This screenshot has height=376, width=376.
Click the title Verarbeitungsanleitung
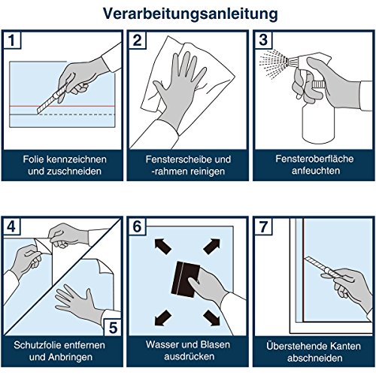[x=190, y=14]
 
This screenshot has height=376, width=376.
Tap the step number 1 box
[x=12, y=40]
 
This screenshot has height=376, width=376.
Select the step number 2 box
[x=137, y=40]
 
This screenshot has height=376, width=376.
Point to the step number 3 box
[x=263, y=40]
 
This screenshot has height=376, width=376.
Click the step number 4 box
[x=11, y=226]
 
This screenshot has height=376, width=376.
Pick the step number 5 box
[x=113, y=327]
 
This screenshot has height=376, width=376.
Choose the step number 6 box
[x=137, y=226]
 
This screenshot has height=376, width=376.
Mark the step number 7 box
[x=263, y=226]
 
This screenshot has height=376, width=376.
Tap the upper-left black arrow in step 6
[x=162, y=246]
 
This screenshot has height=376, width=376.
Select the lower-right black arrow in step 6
[x=212, y=318]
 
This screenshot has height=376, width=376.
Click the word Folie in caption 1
[x=34, y=159]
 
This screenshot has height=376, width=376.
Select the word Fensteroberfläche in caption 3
[x=314, y=159]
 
